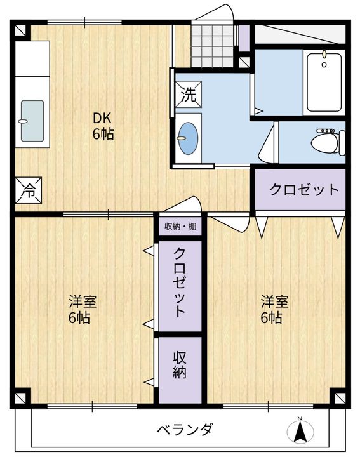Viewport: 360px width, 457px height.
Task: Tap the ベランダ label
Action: point(185,429)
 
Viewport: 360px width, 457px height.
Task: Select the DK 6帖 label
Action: point(103,126)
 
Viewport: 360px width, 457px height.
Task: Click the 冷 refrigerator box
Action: point(29,190)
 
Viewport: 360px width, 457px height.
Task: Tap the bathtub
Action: point(324,83)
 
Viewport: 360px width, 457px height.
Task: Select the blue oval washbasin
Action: point(188,138)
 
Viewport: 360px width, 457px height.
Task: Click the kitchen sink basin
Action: point(32,121)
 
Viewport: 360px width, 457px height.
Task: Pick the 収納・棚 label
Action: point(180,226)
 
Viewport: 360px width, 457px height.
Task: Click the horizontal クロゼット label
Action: point(303,189)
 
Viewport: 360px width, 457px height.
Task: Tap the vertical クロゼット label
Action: point(180,282)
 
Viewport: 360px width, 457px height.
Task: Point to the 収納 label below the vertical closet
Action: point(180,365)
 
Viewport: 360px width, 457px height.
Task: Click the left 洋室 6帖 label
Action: point(83,310)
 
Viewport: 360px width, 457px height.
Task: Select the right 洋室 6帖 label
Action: point(274,310)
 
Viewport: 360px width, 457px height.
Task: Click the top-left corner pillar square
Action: point(20,30)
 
